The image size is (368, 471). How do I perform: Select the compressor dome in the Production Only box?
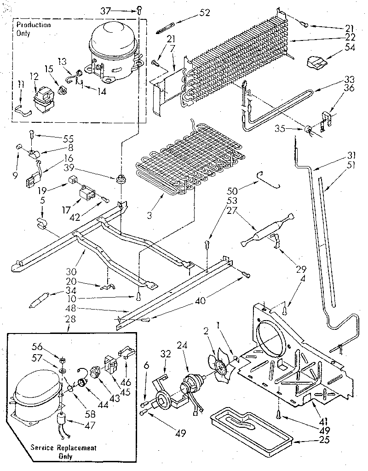pos(113,39)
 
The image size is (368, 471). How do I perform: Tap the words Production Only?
pos(34,29)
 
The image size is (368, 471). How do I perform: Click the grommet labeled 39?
pos(122,178)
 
